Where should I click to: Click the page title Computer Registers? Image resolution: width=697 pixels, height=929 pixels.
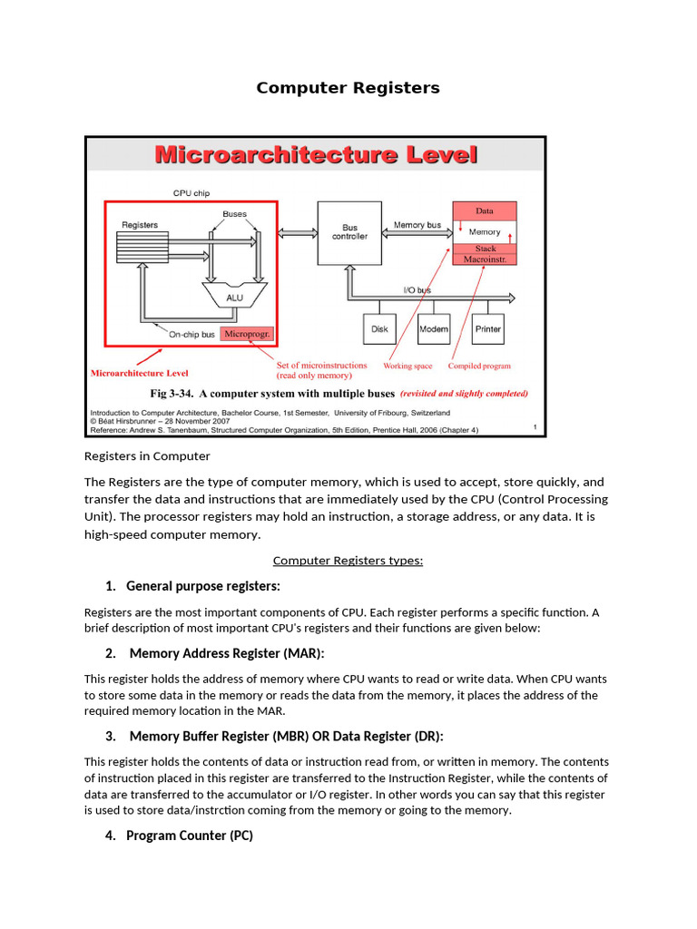348,88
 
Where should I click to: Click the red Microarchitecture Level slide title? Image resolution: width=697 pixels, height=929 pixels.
316,155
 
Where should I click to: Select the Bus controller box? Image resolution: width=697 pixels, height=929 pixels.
349,232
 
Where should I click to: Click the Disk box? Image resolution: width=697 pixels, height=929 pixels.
379,329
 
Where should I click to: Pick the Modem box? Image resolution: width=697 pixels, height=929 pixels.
433,329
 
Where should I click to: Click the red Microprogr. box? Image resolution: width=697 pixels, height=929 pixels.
246,334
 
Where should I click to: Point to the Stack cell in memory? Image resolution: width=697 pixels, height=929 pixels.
485,249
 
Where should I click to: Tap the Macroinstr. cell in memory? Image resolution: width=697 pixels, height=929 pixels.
485,259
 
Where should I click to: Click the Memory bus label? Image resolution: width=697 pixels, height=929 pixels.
417,224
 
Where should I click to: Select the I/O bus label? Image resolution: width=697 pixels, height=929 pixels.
417,290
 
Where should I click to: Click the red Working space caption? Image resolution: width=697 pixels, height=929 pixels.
407,367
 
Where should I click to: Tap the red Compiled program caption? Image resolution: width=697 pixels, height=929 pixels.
479,367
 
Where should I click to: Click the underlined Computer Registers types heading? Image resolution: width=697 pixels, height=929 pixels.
348,561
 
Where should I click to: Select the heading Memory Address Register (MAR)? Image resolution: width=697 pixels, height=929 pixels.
226,653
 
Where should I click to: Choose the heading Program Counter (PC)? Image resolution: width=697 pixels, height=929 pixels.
189,836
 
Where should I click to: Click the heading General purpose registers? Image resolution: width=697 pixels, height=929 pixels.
202,586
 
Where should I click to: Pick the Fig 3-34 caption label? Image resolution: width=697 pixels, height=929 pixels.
272,394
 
